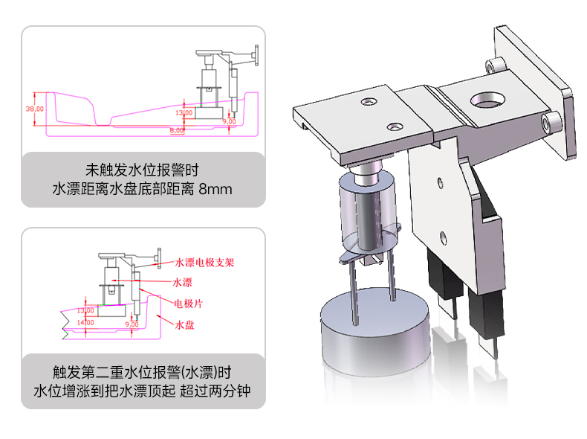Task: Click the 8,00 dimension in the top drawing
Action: pyautogui.click(x=177, y=130)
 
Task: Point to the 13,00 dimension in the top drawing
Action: pyautogui.click(x=183, y=112)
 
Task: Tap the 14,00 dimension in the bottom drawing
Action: pyautogui.click(x=86, y=322)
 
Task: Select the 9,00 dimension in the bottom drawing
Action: pyautogui.click(x=132, y=324)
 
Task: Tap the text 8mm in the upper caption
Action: pyautogui.click(x=215, y=189)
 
